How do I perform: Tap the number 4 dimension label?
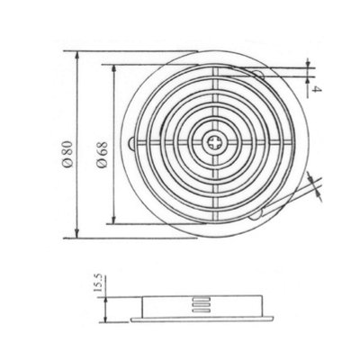coord(316,87)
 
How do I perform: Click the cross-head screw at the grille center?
coord(217,143)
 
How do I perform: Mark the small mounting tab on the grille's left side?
coord(136,142)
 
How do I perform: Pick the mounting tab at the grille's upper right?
coord(258,75)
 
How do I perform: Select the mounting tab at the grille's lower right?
coord(259,212)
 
